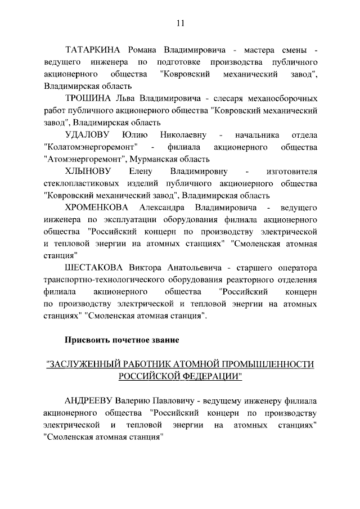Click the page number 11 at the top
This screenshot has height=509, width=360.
(x=180, y=23)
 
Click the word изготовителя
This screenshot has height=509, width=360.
(x=294, y=171)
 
